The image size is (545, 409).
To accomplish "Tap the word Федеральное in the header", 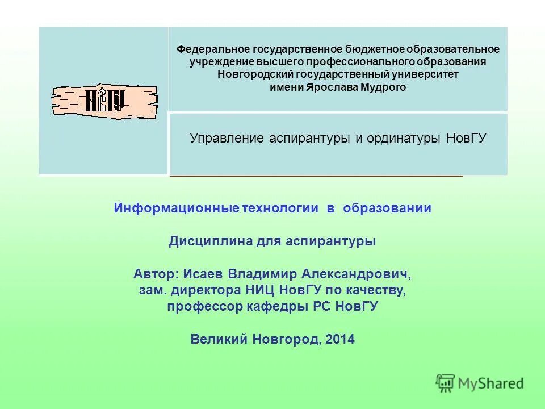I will click(x=204, y=49).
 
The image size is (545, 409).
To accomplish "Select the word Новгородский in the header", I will click(x=246, y=74).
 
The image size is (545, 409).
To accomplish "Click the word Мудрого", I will click(x=384, y=87).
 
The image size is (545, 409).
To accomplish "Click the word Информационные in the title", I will click(x=177, y=208).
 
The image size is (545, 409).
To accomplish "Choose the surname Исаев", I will click(x=204, y=274).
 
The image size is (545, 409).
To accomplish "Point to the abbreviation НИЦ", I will click(x=261, y=291).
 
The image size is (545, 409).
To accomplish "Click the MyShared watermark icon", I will click(x=445, y=383).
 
